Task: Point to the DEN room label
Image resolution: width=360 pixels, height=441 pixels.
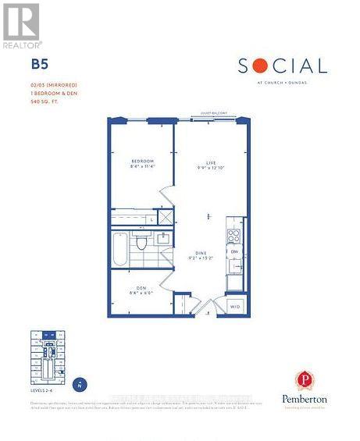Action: coord(141,288)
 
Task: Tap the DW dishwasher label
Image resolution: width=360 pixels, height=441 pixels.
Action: coord(234,252)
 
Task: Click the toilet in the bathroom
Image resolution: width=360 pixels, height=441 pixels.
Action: coord(142,243)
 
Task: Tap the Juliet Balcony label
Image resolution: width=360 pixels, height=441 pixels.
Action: coord(213,113)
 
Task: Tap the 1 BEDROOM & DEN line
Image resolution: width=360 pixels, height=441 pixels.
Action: coord(51,93)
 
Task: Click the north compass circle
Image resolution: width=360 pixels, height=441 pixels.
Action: coord(79,385)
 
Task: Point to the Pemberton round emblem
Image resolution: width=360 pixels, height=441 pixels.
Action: coord(305,381)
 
